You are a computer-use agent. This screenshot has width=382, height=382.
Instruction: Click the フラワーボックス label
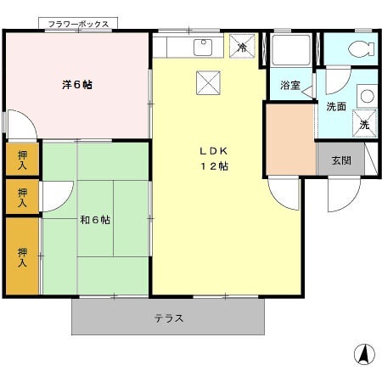78,25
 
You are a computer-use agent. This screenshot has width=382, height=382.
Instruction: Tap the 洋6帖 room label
77,85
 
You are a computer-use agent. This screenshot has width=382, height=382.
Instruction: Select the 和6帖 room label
95,220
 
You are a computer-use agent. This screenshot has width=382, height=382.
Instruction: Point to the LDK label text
214,151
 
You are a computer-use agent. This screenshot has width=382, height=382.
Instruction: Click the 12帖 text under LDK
214,166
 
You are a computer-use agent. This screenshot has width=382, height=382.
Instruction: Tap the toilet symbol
362,49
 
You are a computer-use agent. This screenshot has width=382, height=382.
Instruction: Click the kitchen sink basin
203,48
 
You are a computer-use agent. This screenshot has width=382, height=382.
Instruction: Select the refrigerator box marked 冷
242,46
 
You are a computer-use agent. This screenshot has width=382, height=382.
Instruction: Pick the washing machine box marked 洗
364,124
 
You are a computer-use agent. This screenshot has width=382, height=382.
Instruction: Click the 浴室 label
290,85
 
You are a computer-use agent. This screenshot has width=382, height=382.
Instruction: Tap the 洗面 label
336,106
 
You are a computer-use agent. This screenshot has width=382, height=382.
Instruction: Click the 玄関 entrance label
341,160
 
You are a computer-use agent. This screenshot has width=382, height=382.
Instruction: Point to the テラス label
169,318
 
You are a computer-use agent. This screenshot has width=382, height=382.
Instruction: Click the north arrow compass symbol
364,354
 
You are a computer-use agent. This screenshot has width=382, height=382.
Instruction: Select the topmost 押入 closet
22,160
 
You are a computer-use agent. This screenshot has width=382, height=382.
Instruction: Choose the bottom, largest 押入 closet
22,256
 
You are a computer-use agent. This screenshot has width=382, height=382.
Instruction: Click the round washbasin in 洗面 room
368,96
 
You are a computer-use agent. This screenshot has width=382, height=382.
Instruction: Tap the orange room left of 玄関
291,139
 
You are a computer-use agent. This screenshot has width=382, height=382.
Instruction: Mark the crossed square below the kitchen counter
208,82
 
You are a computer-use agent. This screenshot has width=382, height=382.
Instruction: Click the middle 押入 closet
22,197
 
